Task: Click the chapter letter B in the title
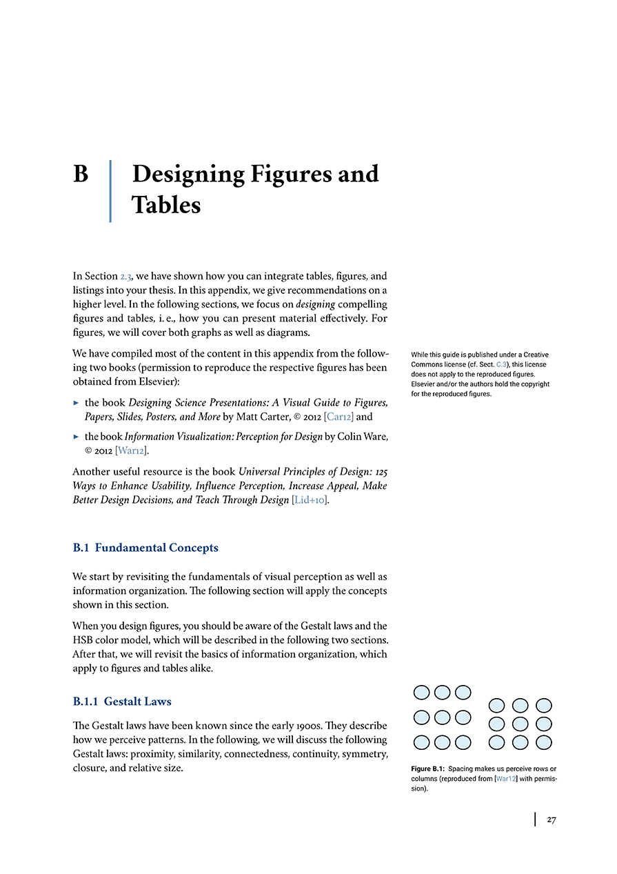click(x=81, y=174)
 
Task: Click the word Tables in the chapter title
click(x=166, y=205)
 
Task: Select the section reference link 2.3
click(x=128, y=276)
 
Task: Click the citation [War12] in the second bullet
click(x=132, y=450)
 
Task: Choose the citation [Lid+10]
click(x=310, y=499)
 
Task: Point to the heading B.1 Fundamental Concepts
click(x=145, y=548)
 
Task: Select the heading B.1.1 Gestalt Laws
click(x=122, y=702)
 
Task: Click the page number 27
click(x=551, y=820)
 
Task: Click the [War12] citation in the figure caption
click(x=507, y=779)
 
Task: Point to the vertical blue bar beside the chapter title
click(x=110, y=191)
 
